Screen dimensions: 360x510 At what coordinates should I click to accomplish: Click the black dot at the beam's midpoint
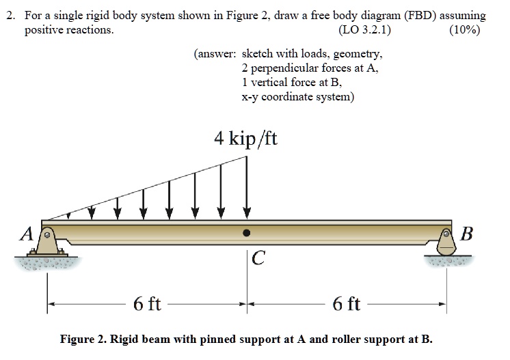tap(247, 232)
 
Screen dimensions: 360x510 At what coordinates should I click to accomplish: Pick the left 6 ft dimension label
tap(147, 303)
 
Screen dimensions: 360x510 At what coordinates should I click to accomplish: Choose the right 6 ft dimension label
tap(346, 303)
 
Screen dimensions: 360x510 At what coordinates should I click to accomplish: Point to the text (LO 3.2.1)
tap(365, 30)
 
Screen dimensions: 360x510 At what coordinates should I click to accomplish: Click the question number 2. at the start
tap(10, 15)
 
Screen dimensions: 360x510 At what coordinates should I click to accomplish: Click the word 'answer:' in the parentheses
tap(215, 53)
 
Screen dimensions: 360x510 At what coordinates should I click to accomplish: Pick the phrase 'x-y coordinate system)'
tap(298, 96)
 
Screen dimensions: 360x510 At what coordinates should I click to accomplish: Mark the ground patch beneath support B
tap(447, 261)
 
